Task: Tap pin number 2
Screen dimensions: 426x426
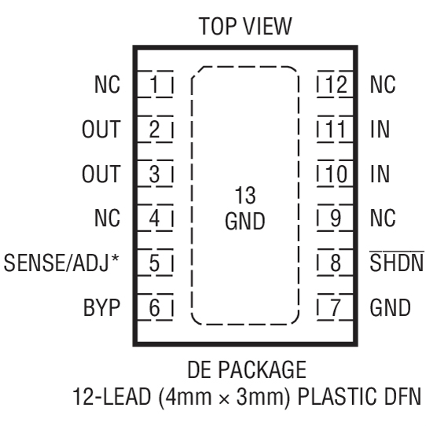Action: tap(155, 128)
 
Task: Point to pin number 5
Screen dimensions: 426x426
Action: tap(155, 262)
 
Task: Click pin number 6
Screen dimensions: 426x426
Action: tap(155, 307)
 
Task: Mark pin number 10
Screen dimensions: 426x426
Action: tap(336, 173)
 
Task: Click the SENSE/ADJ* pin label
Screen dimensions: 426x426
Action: tap(61, 262)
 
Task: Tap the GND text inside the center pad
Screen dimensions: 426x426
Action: tap(244, 221)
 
